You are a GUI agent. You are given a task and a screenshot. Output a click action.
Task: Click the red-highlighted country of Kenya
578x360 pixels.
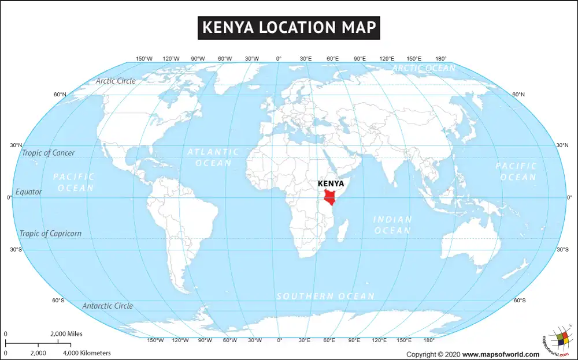[x=331, y=196]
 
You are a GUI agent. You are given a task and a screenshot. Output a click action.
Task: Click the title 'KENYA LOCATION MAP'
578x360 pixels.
[x=289, y=28]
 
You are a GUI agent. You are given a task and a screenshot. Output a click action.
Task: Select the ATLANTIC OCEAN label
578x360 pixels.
[x=213, y=157]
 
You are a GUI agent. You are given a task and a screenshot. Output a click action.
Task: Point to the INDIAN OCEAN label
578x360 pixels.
[x=392, y=225]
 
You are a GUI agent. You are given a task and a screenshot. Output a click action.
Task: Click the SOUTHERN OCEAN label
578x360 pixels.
[x=325, y=296]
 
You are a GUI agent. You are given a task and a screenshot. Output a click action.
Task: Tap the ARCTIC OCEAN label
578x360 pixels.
[x=424, y=68]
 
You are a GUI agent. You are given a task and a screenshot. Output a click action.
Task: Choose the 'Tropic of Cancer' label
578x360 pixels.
[x=48, y=153]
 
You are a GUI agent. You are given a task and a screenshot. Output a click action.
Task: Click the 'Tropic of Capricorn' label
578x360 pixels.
[x=50, y=234]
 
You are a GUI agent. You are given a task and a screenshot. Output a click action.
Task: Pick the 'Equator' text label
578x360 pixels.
[x=29, y=192]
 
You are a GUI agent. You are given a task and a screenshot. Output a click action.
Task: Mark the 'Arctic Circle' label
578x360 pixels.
[x=116, y=81]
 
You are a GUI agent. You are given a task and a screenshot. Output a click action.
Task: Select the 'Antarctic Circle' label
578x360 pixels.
[x=108, y=306]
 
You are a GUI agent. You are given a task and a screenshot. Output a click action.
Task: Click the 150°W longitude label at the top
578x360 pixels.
[x=144, y=59]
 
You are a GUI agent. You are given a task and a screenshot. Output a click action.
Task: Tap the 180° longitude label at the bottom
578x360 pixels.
[x=429, y=340]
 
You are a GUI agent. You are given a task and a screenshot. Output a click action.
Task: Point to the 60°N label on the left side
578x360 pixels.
[x=60, y=95]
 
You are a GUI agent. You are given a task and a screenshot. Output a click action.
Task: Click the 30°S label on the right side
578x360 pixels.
[x=562, y=250]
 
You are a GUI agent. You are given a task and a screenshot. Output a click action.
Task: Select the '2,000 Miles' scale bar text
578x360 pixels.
[x=66, y=333]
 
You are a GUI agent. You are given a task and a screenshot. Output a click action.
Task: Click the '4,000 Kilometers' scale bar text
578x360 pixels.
[x=87, y=352]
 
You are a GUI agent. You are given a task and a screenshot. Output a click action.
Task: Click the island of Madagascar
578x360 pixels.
[x=343, y=232]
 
